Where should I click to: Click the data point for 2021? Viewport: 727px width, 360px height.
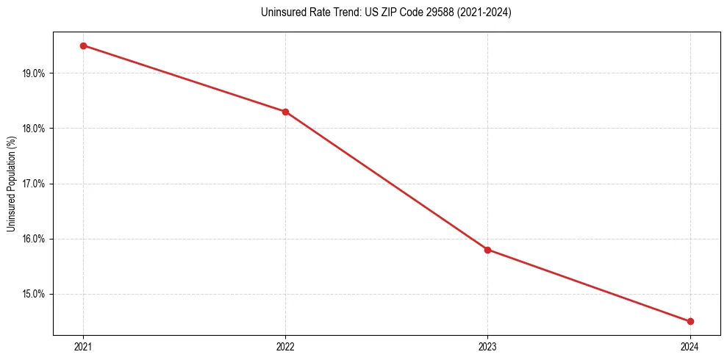point(83,46)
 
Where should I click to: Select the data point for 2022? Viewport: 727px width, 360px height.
point(285,112)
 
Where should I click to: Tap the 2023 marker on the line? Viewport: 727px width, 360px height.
point(488,250)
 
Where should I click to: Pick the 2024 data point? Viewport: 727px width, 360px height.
point(690,321)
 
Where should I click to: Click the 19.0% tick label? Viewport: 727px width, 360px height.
point(34,73)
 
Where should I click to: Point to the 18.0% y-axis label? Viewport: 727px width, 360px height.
point(34,129)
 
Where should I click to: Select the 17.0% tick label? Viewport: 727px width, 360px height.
point(34,184)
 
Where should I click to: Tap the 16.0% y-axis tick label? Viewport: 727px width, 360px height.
point(34,239)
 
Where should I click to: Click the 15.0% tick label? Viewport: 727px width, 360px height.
point(34,294)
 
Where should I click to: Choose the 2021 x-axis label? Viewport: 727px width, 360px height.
point(83,346)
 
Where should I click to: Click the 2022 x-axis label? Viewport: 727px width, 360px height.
point(285,346)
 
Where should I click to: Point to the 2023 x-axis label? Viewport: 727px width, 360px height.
point(488,346)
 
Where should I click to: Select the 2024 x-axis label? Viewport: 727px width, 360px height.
point(690,346)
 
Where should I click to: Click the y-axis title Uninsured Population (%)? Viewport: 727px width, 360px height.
point(12,184)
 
